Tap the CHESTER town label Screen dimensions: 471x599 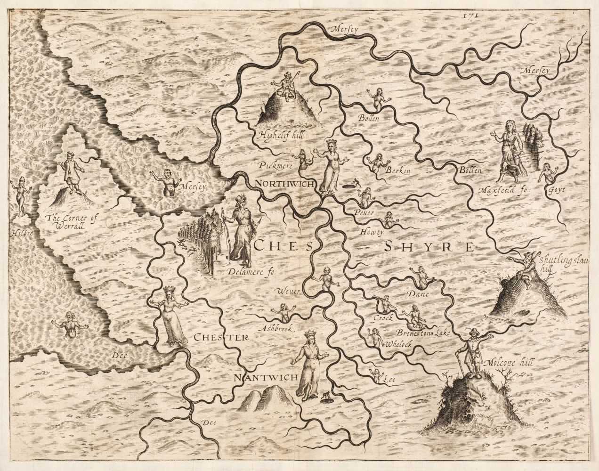(x=219, y=337)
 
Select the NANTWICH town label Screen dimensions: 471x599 (x=266, y=377)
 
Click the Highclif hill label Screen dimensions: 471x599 (x=281, y=136)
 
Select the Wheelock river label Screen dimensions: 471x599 (x=398, y=345)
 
